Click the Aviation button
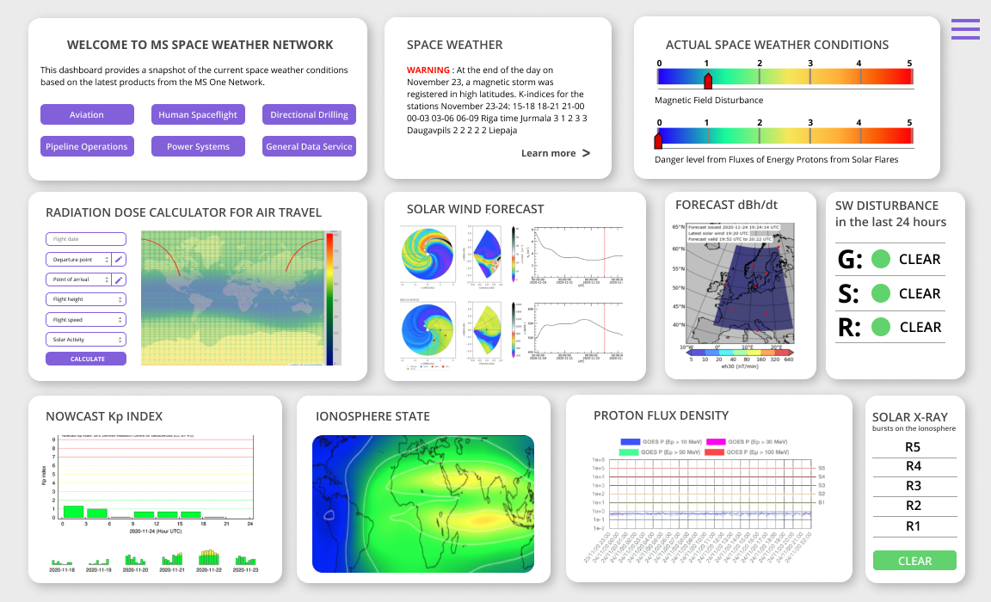point(87,114)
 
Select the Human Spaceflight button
point(198,114)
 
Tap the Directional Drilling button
point(309,114)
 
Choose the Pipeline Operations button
point(87,146)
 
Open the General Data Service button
point(309,146)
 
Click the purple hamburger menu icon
point(965,29)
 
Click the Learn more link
point(555,153)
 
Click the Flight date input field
point(86,239)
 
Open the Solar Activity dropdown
point(86,340)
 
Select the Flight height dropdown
point(86,299)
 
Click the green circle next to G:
point(880,259)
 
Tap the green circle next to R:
point(880,327)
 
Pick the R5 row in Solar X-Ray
point(914,447)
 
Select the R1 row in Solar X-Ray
point(914,526)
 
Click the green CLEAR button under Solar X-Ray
point(914,561)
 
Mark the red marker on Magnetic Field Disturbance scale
point(708,81)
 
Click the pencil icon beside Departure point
point(119,259)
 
